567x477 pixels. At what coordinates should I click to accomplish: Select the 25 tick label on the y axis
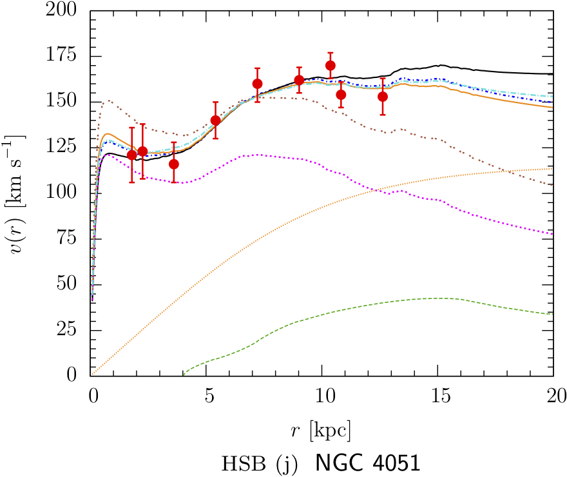74,330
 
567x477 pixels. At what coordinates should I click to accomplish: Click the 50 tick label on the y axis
74,284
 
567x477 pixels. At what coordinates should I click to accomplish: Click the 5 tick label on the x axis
207,393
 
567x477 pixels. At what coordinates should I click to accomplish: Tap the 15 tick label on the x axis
438,393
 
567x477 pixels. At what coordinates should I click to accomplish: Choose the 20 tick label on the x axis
553,393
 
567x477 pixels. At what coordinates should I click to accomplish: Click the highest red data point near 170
331,65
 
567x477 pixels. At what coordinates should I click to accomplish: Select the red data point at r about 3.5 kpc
174,164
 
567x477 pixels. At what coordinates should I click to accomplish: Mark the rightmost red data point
383,97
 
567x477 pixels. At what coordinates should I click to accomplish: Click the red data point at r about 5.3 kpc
216,121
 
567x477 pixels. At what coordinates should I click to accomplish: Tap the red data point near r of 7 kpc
257,84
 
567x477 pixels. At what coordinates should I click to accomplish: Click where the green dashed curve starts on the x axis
183,375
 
